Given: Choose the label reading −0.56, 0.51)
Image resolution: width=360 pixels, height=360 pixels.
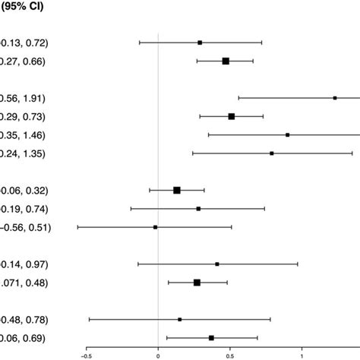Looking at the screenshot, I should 25,226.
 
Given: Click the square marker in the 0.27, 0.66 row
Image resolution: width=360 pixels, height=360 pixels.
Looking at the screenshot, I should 226,61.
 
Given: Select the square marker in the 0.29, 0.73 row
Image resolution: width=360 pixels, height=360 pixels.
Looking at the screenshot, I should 232,116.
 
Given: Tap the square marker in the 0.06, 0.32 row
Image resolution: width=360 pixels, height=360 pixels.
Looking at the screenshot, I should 177,190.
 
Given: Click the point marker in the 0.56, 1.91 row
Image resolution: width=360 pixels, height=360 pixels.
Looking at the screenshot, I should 335,98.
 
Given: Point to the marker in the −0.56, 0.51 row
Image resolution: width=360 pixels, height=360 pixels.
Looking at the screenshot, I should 156,226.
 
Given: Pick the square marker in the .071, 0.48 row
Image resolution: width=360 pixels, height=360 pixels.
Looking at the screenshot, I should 197,283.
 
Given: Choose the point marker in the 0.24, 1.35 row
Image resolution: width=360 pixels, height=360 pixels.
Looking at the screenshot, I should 272,153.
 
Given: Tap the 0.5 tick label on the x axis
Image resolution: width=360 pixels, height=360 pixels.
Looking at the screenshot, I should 230,353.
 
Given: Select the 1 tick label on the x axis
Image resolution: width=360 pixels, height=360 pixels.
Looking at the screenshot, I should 302,353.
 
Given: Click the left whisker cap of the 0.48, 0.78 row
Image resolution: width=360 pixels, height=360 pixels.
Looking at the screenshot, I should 89,320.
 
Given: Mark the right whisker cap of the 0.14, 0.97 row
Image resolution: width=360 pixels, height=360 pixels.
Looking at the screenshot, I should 298,264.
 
